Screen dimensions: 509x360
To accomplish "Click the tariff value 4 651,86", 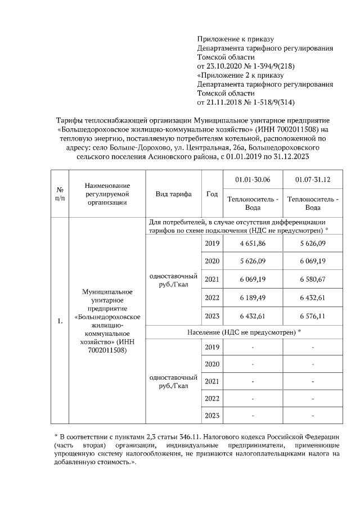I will click(253, 243).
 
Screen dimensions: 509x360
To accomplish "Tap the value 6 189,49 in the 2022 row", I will click(253, 297).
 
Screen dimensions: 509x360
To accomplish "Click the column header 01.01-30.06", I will click(253, 179).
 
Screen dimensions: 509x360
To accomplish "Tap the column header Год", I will click(212, 194).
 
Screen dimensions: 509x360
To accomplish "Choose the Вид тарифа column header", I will click(173, 194).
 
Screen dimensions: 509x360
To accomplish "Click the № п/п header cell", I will click(59, 194).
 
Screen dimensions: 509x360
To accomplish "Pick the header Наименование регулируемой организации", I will click(107, 194).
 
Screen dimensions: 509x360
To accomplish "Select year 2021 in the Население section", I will click(212, 382).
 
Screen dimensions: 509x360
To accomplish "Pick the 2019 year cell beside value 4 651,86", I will click(212, 243).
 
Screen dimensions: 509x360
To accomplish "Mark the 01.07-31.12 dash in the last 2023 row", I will click(312, 416).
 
